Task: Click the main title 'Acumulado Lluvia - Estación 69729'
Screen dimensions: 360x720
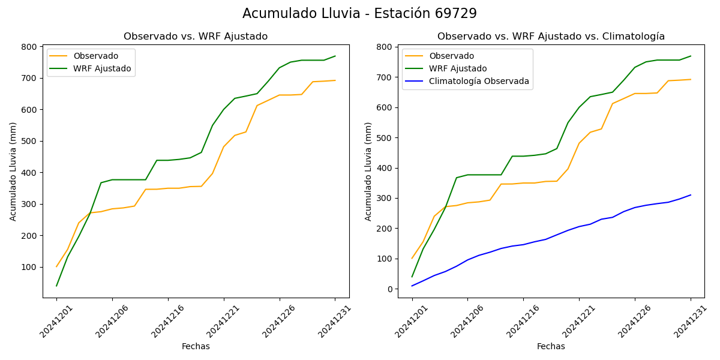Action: point(359,14)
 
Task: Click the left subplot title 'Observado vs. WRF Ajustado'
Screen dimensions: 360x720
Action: point(196,37)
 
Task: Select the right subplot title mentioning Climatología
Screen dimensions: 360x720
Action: point(551,37)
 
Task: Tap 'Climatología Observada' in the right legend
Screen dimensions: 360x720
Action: point(479,82)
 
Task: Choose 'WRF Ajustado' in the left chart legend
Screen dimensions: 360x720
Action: point(102,68)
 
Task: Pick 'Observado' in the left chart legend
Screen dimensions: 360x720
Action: point(96,56)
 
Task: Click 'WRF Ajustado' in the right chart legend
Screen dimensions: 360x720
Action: point(458,68)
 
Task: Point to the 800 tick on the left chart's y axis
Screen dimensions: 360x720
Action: point(28,47)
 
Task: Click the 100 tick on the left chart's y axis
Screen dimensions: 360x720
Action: point(28,267)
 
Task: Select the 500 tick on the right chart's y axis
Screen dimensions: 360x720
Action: point(384,138)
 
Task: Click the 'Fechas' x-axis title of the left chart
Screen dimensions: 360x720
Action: point(196,347)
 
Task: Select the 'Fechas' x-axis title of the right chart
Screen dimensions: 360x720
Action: point(551,347)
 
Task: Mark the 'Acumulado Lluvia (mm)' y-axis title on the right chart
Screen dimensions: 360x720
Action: point(368,172)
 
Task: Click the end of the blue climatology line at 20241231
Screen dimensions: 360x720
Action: point(691,194)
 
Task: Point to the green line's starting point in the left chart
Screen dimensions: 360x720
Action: point(56,286)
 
